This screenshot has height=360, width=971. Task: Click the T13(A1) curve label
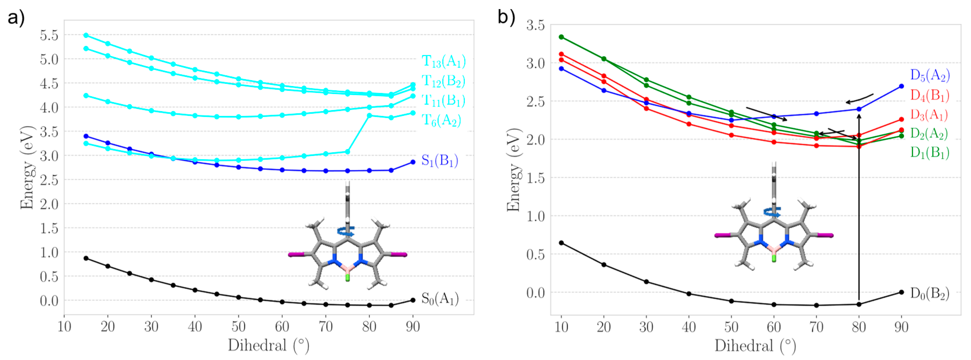coord(443,61)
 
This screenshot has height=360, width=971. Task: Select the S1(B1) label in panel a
coord(439,161)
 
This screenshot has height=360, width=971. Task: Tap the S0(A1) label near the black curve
coord(439,299)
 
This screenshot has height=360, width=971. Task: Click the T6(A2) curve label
coord(441,120)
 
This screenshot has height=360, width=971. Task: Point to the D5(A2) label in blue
coord(930,75)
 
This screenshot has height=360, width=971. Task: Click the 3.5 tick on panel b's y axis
coord(536,26)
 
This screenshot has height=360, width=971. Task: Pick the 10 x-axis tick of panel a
coord(64,326)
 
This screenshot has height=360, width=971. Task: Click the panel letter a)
coord(16,18)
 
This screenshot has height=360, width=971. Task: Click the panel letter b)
coord(506,17)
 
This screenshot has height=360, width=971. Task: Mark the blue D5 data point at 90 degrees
coord(901,86)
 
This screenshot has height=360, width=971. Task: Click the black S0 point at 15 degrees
coord(86,258)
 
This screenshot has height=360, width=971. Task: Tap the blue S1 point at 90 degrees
coord(413,162)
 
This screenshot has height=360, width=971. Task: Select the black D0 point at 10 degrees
coord(561,243)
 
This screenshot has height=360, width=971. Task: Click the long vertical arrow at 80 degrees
coord(859,207)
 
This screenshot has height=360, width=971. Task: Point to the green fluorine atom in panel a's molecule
coord(348,278)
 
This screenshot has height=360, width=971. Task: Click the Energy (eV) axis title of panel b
coord(514,170)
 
